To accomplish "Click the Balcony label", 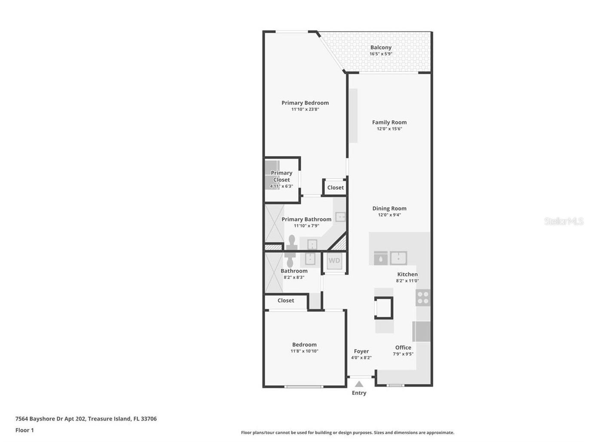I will [x=381, y=48].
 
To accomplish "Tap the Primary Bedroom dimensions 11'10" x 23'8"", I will [x=305, y=109].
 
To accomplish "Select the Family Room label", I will [x=389, y=122].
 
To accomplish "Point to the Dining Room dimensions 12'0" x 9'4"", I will [x=389, y=215].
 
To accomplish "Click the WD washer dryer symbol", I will [x=334, y=261].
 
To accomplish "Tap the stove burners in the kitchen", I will [x=423, y=298].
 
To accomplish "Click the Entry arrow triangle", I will [x=359, y=384].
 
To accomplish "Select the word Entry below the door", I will [x=359, y=393].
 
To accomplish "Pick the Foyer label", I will [x=361, y=351].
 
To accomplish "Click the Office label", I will [x=403, y=348].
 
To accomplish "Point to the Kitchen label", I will [x=407, y=274].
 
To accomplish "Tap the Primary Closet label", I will [x=281, y=176].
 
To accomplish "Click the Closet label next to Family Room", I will [x=336, y=188].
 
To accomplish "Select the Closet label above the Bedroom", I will [x=286, y=300].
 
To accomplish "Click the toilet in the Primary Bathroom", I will [x=292, y=242].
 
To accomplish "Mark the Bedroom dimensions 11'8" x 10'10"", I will [x=304, y=351].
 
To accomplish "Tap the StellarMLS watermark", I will [x=564, y=221].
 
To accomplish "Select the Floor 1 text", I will [x=24, y=430].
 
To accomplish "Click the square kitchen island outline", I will [x=384, y=308].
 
